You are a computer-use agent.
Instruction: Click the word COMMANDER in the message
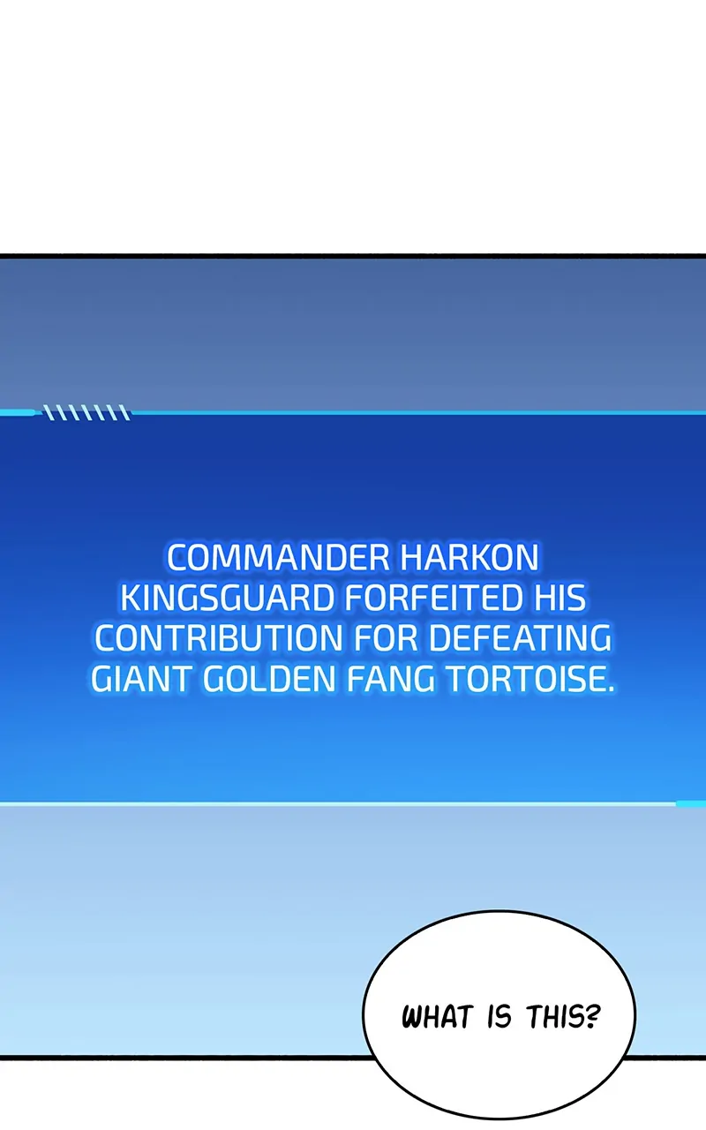pyautogui.click(x=278, y=559)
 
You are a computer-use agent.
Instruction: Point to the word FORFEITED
pyautogui.click(x=433, y=599)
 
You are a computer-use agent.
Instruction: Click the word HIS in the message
pyautogui.click(x=560, y=599)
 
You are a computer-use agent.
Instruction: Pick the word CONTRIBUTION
pyautogui.click(x=218, y=638)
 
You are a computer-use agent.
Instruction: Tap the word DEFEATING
pyautogui.click(x=520, y=638)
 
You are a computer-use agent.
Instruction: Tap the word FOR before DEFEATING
pyautogui.click(x=385, y=638)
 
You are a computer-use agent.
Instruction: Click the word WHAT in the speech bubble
pyautogui.click(x=437, y=1016)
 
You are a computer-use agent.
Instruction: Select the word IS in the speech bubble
pyautogui.click(x=499, y=1016)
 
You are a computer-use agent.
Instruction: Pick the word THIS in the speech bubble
pyautogui.click(x=557, y=1016)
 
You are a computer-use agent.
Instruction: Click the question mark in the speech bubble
pyautogui.click(x=594, y=1016)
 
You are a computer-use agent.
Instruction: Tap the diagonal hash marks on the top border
pyautogui.click(x=86, y=412)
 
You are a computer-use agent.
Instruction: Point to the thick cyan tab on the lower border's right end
pyautogui.click(x=691, y=803)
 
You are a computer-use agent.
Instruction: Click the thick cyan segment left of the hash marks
pyautogui.click(x=19, y=412)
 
